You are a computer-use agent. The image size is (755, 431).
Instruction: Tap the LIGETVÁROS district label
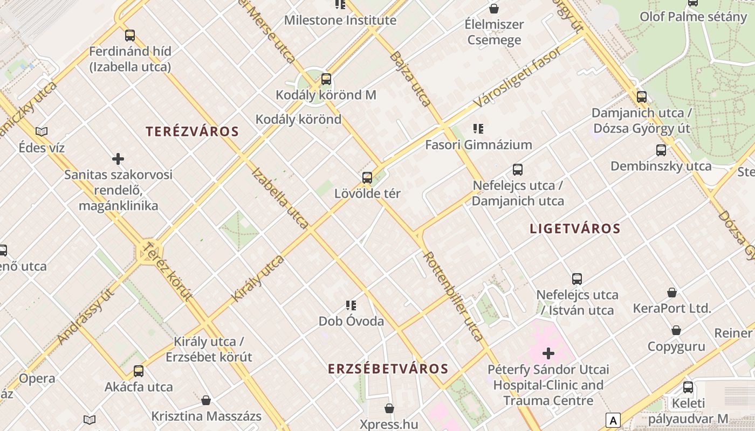coord(575,228)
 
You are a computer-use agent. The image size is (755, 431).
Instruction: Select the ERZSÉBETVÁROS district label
coord(388,369)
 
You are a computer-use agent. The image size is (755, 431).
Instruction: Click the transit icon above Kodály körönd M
coord(326,80)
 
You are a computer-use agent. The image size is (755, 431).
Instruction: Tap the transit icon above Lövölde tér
coord(367,178)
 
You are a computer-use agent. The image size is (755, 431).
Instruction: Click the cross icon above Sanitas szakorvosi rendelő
coord(118,159)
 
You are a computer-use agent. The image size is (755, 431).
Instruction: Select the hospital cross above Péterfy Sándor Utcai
coord(548,353)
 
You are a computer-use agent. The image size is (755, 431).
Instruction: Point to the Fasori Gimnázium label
coord(478,145)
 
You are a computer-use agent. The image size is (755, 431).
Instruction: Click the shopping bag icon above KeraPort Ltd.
coord(672,293)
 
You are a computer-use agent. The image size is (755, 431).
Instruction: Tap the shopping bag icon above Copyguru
coord(676,330)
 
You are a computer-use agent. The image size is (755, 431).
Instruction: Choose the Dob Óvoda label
coord(351,322)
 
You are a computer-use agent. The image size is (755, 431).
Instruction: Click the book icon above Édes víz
coord(42,131)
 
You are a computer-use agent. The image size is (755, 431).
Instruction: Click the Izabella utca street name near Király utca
coord(280,198)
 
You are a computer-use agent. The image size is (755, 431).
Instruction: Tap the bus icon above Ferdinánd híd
coord(130,36)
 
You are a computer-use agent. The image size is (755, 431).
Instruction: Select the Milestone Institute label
coord(340,20)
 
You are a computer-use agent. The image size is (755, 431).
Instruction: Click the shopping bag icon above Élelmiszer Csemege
coord(493,9)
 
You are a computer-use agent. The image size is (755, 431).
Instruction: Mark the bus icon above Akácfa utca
coord(139,371)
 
